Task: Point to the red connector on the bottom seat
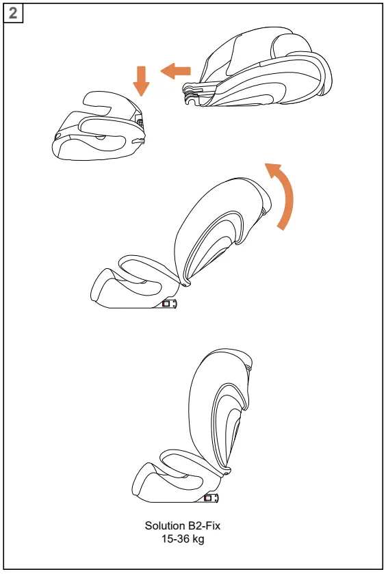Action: coord(208,499)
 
